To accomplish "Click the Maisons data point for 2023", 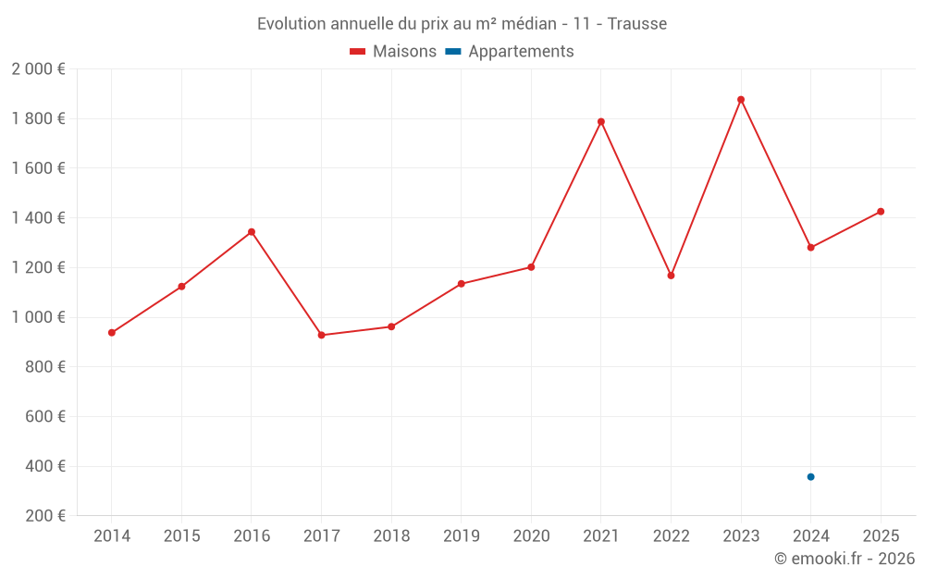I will [741, 100].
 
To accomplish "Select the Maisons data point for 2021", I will [601, 122].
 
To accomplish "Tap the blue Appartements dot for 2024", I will [810, 477].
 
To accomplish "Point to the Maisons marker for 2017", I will [321, 335].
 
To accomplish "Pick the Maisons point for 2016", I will [252, 232].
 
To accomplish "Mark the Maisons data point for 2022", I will [671, 276].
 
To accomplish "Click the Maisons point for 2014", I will [112, 333].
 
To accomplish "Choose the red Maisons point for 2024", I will [810, 248].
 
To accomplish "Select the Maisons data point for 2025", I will [881, 212].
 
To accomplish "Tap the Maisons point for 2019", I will [462, 284].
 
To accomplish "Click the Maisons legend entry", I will [393, 52].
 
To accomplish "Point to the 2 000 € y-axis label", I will [39, 69].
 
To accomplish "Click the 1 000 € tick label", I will [39, 317].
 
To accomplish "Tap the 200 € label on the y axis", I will [44, 516].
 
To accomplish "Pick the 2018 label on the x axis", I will [391, 536].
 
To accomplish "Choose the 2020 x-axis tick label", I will [531, 536].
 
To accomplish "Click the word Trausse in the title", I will [637, 24].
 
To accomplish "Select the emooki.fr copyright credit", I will [845, 559].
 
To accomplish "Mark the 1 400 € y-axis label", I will [39, 218].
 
